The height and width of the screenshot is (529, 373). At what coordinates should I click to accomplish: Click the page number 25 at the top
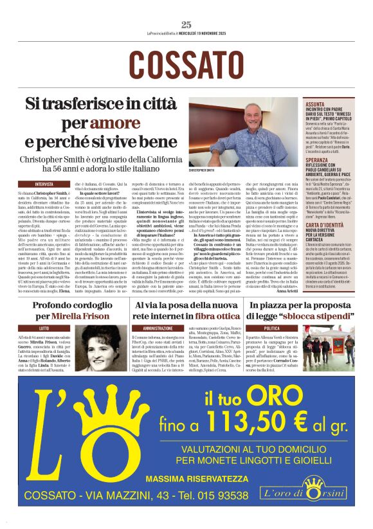point(186,24)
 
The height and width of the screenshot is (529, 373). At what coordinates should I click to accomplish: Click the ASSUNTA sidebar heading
point(316,103)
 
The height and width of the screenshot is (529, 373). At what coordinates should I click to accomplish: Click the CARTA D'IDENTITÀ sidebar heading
point(328,208)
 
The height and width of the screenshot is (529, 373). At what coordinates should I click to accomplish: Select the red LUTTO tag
point(44,328)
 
